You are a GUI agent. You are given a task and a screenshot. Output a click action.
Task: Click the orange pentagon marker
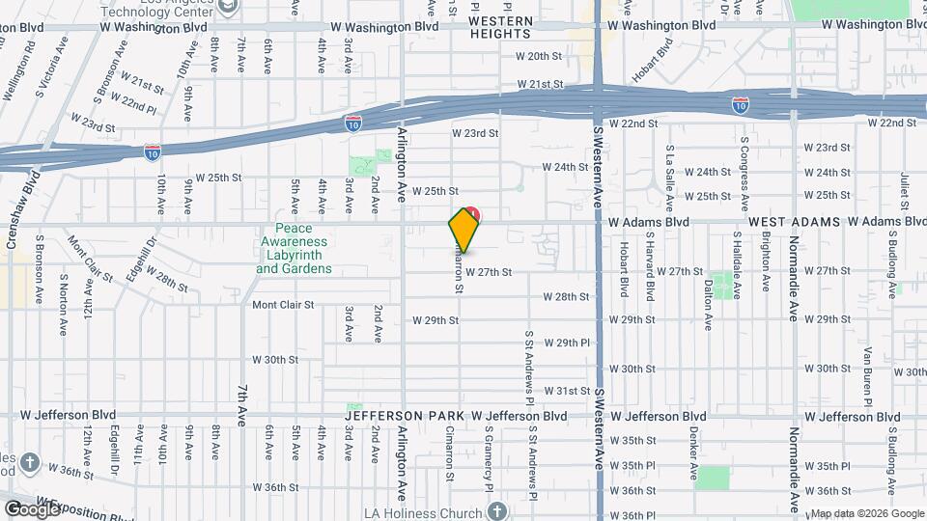[464, 230]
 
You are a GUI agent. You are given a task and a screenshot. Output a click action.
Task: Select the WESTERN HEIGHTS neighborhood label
[501, 27]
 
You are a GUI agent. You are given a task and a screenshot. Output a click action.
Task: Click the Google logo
[32, 508]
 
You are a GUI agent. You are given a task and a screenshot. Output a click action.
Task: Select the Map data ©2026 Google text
[867, 513]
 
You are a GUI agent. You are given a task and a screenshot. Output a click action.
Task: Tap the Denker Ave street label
[694, 456]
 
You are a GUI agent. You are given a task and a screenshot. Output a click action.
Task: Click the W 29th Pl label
[566, 343]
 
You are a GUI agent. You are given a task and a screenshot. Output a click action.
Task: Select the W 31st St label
[566, 391]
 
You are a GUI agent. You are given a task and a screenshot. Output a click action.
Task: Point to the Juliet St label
[905, 190]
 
